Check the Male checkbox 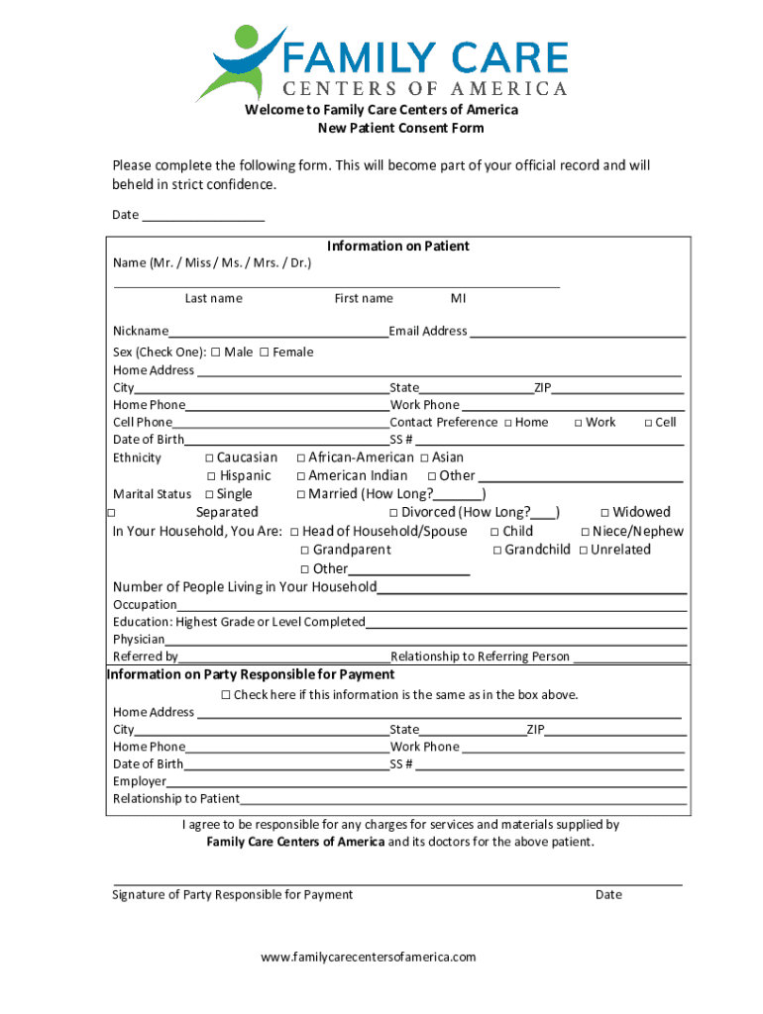pos(215,352)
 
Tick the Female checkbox pos(264,352)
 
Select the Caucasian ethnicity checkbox pos(209,457)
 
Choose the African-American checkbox pos(301,457)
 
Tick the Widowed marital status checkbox pos(604,513)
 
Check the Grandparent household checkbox pos(305,550)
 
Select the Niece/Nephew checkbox pos(585,532)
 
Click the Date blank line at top pos(203,215)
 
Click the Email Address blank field pos(577,332)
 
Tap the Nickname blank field pos(277,332)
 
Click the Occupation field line pos(432,605)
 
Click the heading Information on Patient pos(398,246)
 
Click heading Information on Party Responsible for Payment pos(251,674)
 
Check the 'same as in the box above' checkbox pos(226,695)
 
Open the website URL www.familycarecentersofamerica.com pos(369,957)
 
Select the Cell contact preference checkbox pos(648,423)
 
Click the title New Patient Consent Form pos(400,129)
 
